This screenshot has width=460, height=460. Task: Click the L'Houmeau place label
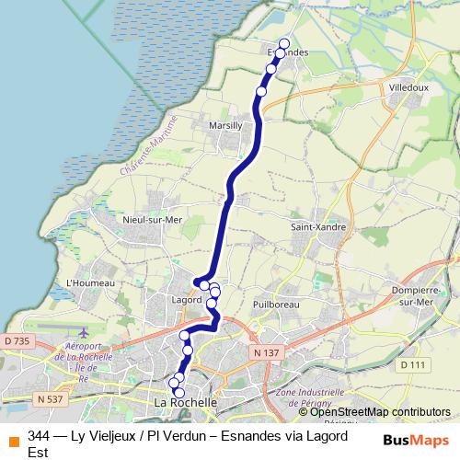tap(90, 282)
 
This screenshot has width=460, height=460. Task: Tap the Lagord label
tap(187, 300)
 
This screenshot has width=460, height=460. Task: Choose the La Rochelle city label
tap(186, 403)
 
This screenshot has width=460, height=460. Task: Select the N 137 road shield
tap(265, 352)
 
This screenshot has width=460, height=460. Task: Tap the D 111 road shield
tap(414, 365)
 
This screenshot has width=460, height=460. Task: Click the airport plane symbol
tap(84, 333)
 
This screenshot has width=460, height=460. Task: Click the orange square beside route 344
tap(13, 437)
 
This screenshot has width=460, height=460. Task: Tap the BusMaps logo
tap(416, 441)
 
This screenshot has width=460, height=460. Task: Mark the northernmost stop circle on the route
tap(284, 43)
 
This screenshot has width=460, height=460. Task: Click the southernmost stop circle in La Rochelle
tap(179, 393)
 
